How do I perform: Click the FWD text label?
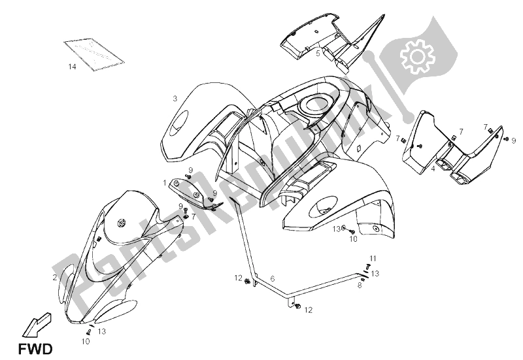(x=35, y=350)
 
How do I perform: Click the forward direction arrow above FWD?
(x=37, y=324)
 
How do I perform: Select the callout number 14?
(x=72, y=67)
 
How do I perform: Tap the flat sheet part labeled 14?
(x=94, y=54)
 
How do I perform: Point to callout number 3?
(x=175, y=99)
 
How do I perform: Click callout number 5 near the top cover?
(x=318, y=53)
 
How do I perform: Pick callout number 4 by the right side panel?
(x=433, y=169)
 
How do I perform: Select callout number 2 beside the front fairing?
(x=55, y=277)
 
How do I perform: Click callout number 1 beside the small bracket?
(x=165, y=183)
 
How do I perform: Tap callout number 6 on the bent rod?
(x=272, y=278)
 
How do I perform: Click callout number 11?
(x=373, y=258)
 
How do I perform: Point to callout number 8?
(x=359, y=286)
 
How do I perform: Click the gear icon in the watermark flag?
(x=417, y=57)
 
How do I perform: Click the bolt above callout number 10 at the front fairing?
(x=89, y=332)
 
